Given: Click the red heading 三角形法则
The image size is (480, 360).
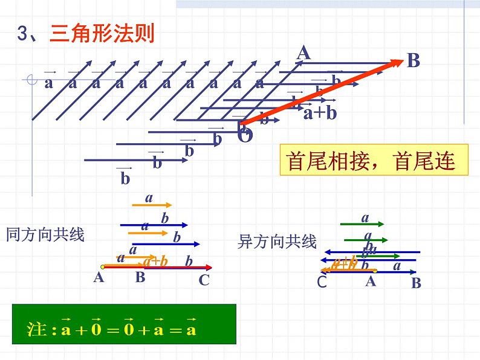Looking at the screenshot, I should coord(102,33).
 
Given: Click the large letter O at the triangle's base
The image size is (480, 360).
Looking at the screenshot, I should coord(245,135).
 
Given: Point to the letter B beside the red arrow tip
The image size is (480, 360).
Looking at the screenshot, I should coord(413,60).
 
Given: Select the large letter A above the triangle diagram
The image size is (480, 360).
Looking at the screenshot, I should coord(303,53).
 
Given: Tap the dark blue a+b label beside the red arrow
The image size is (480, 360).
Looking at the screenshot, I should coord(320,113).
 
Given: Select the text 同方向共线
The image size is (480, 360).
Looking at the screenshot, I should coord(45,234).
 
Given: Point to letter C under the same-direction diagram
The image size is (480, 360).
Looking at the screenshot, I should coord(204,280).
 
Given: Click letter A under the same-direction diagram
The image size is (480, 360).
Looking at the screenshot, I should coord(99,278).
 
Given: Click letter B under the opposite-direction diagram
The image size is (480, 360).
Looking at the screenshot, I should coord(416,283).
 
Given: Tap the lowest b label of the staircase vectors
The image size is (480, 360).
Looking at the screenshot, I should coord(125,178).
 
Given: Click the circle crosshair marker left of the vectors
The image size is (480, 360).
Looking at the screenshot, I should coord(31,79).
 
